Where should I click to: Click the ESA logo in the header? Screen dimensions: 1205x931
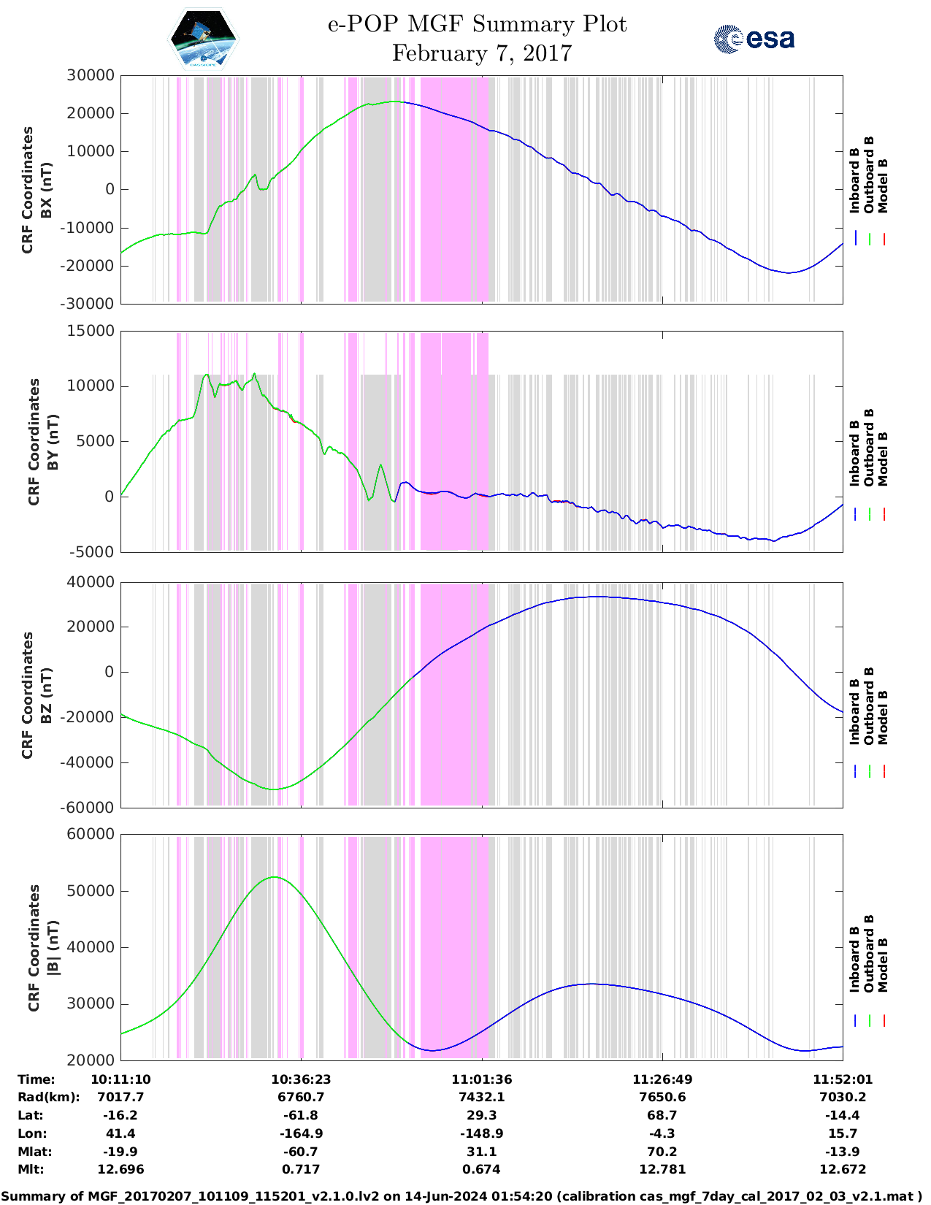click(x=754, y=39)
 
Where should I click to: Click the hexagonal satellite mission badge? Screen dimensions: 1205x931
click(x=203, y=39)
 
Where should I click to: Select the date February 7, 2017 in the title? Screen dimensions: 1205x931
click(x=481, y=53)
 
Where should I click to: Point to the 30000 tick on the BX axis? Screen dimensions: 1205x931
click(x=91, y=75)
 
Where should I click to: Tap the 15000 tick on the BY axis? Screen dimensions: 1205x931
click(x=91, y=331)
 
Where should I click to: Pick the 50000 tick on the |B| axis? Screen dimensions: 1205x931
click(x=91, y=891)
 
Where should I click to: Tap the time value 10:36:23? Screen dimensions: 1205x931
click(x=301, y=1079)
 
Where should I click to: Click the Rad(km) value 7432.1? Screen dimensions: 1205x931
click(x=481, y=1097)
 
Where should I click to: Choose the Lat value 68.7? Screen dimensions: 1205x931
click(x=662, y=1115)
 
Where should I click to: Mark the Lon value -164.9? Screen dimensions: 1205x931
click(x=301, y=1133)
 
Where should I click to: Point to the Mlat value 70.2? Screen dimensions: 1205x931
click(x=662, y=1152)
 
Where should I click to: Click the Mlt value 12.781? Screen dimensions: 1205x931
click(x=662, y=1169)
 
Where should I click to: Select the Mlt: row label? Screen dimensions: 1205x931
click(x=31, y=1169)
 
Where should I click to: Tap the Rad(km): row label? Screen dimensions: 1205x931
click(x=48, y=1097)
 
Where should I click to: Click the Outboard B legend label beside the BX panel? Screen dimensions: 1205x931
click(x=869, y=175)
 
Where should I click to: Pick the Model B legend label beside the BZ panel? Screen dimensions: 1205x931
click(x=883, y=717)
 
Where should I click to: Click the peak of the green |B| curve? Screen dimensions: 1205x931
click(x=275, y=877)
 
